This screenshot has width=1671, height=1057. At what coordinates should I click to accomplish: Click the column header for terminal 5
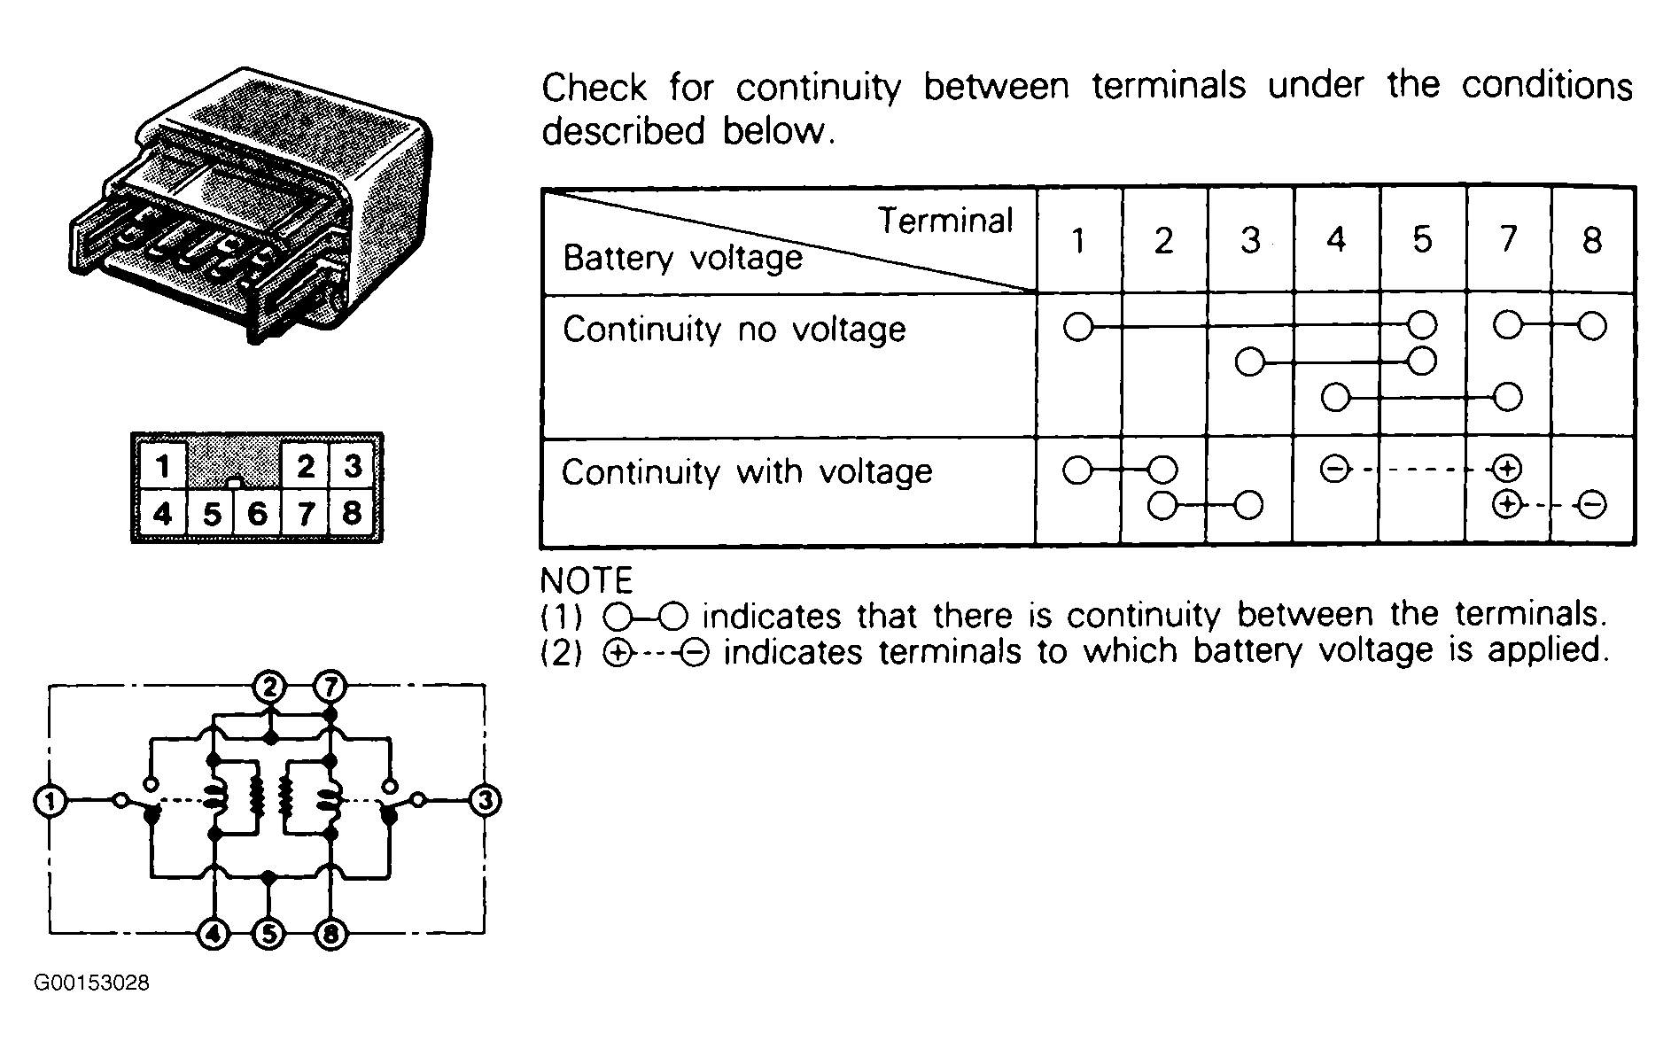1422,240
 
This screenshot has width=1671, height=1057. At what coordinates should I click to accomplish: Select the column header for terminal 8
1592,240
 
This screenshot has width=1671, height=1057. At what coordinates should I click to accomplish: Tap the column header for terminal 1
1078,240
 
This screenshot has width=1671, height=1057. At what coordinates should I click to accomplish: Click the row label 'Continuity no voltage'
734,330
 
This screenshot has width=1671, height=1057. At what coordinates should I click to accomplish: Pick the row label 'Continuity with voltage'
747,471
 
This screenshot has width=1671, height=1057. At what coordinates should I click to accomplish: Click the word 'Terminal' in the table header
945,221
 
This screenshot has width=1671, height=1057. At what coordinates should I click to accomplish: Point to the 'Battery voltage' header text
683,258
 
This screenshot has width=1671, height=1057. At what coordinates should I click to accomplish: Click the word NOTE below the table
587,581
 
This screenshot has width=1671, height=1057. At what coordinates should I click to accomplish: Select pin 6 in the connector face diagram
257,513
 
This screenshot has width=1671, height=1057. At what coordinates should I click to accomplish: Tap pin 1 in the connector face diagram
161,465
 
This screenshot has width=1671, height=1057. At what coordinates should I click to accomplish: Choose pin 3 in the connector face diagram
353,465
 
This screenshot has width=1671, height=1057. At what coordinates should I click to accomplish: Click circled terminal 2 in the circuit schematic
269,687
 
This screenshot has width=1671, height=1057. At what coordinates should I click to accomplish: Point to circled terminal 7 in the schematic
330,687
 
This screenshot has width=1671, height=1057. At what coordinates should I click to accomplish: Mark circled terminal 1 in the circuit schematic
50,801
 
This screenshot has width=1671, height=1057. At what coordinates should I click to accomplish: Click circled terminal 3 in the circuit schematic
484,801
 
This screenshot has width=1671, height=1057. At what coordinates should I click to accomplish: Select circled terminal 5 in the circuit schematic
269,934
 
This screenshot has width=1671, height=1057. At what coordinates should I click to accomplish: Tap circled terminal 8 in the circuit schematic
330,934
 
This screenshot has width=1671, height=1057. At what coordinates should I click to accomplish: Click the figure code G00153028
92,983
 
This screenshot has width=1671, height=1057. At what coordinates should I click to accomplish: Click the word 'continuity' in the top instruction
819,88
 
